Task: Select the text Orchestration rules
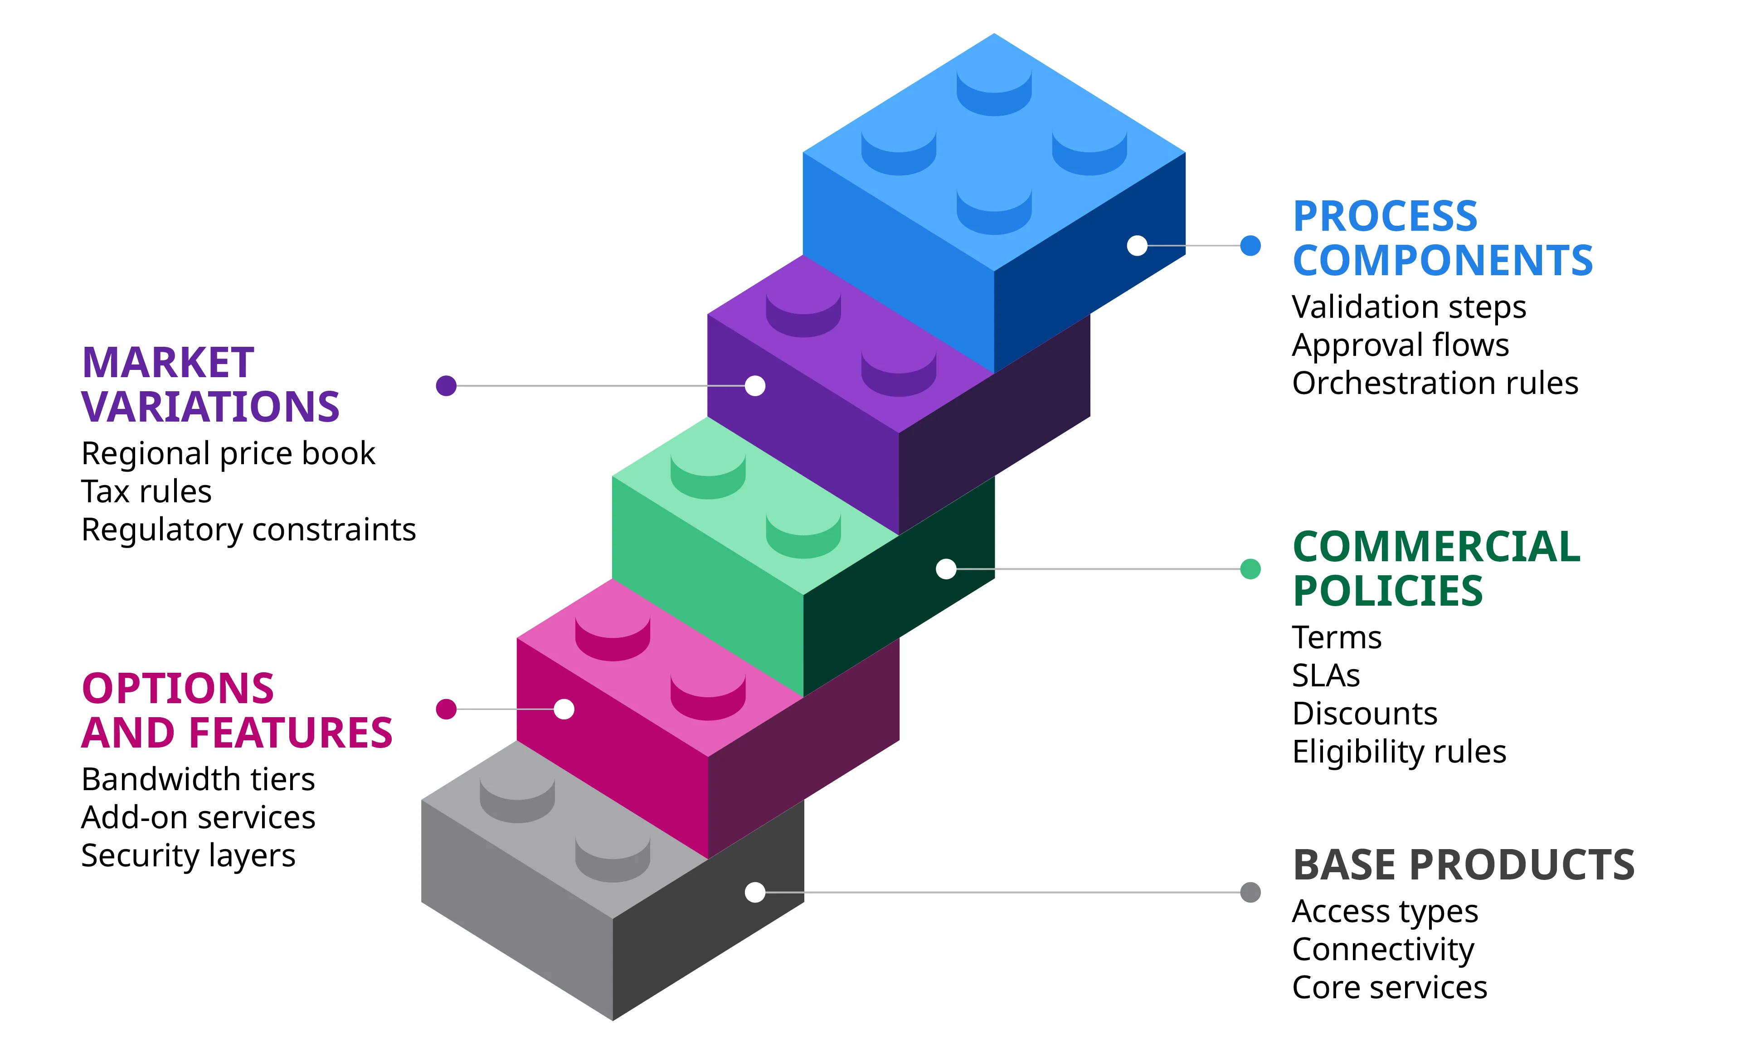1435,384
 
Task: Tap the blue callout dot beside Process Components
1250,246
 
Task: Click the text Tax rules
146,492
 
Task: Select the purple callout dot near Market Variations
446,386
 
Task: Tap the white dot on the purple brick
754,386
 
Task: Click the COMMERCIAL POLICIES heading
1436,568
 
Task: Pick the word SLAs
1326,676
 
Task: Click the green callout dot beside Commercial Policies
1250,568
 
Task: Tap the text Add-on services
198,818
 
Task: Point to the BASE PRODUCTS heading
1464,865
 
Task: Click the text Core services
1389,988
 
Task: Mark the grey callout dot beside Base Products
1250,892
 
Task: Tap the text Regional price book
228,453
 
